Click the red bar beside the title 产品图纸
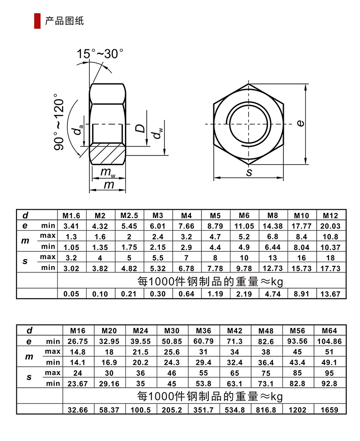(37, 21)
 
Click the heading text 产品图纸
(64, 21)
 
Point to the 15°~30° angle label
(100, 54)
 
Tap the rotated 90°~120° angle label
(60, 122)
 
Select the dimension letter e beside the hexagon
(300, 123)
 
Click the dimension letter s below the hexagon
(249, 172)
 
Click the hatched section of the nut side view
(108, 154)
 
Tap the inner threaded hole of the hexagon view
(248, 124)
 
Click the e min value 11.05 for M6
(244, 226)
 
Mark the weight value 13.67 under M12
(330, 294)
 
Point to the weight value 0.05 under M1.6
(72, 294)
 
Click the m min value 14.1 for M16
(77, 363)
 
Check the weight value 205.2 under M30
(173, 410)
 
